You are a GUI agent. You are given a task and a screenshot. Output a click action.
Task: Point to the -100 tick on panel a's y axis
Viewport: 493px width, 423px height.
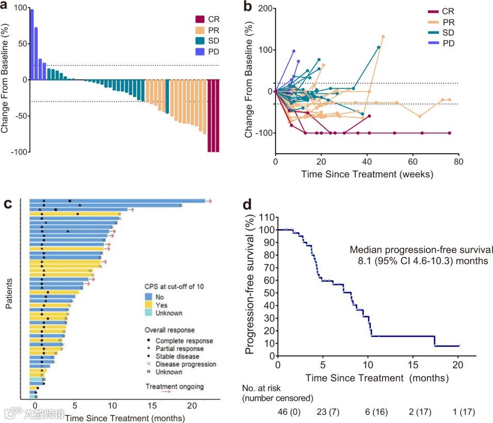tap(18, 152)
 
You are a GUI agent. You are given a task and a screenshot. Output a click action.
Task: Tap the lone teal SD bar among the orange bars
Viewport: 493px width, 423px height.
tap(167, 96)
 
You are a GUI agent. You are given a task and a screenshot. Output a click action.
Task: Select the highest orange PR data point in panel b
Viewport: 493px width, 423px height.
tap(383, 37)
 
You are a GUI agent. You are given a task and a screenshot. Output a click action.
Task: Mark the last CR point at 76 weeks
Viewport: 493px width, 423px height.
tap(450, 133)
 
